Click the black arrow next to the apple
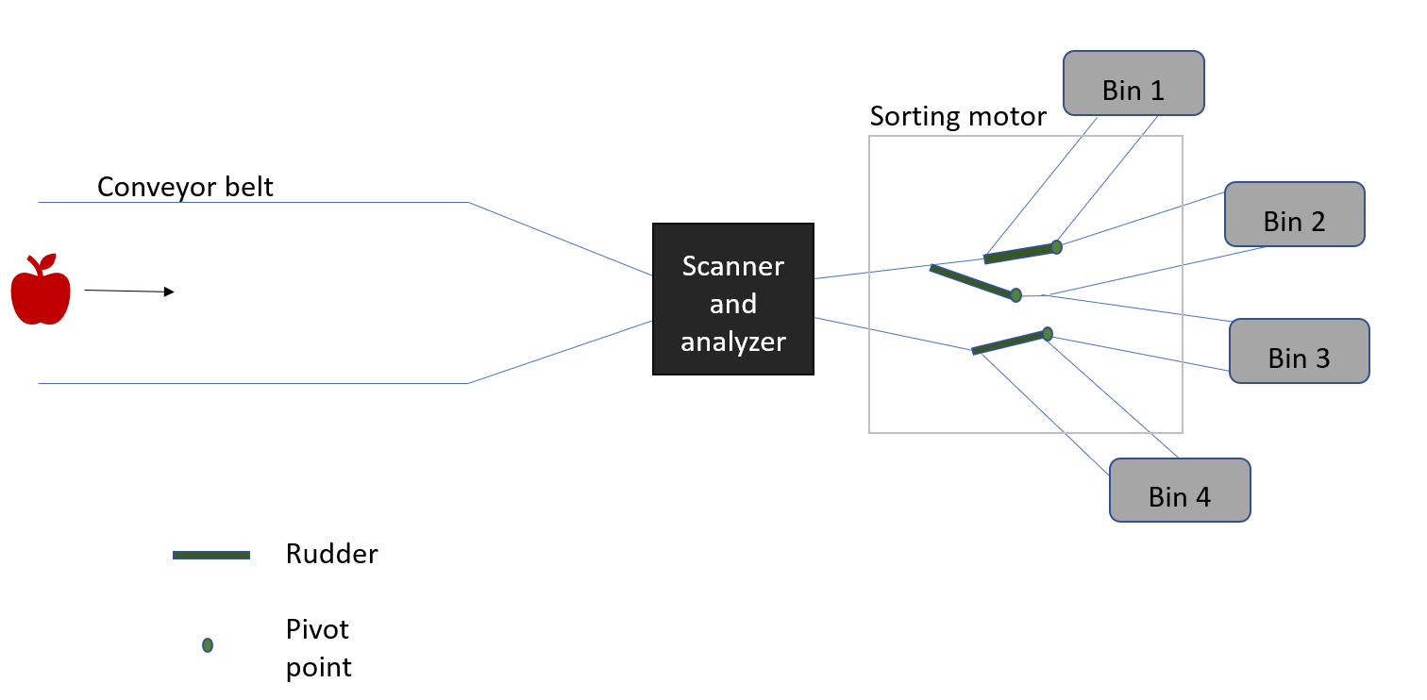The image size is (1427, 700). coord(129,292)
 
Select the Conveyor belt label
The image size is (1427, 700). coord(185,187)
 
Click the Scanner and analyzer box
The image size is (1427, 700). coord(733,299)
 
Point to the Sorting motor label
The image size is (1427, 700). coord(958,117)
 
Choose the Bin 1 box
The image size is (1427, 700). coord(1133,83)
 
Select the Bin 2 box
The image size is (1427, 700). coord(1295,214)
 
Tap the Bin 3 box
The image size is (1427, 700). coord(1299,351)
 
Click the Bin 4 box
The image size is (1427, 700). coord(1180,490)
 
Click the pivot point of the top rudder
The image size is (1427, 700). coord(1056,247)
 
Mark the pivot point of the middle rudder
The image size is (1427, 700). coord(1016,295)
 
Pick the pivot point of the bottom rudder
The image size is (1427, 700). coord(1048,334)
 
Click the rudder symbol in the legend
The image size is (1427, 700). coord(211,556)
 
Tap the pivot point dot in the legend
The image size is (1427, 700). coord(208,645)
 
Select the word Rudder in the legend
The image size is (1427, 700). coord(331,554)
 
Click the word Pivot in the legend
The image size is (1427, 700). coord(317,629)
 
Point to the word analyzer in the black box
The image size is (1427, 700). coord(733,342)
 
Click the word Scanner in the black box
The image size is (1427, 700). coord(733,266)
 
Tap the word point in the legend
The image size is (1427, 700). coord(319,668)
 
